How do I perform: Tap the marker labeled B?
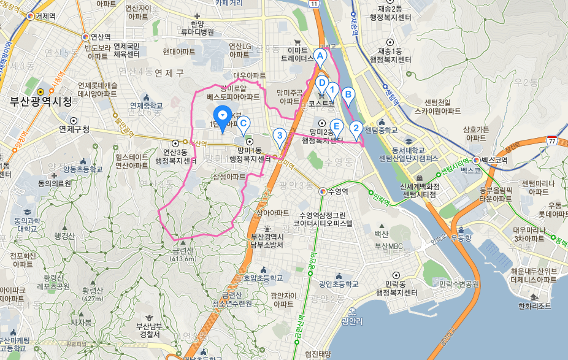[348, 95]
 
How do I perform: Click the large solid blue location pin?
[222, 115]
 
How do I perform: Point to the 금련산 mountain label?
[183, 251]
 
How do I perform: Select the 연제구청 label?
[74, 129]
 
